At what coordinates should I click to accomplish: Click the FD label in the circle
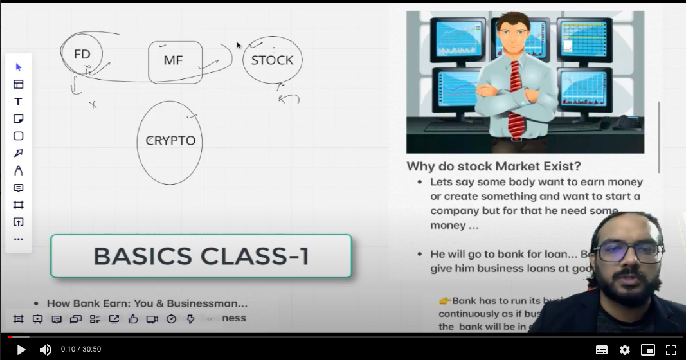[x=82, y=54]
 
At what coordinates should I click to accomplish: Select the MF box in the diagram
[x=174, y=60]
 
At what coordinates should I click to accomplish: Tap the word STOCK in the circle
[x=272, y=60]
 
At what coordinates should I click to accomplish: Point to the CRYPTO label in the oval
[x=171, y=141]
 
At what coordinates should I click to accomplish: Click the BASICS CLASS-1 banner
[x=201, y=256]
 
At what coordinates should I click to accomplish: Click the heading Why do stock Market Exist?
[x=494, y=166]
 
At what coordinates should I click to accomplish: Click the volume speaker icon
[x=46, y=350]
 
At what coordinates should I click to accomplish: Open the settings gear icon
[x=624, y=350]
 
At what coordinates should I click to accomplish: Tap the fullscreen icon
[x=671, y=350]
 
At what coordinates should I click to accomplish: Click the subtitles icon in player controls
[x=602, y=350]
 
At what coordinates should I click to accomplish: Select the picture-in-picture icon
[x=647, y=350]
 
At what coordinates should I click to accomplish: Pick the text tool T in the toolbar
[x=18, y=102]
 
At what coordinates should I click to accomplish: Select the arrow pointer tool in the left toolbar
[x=18, y=67]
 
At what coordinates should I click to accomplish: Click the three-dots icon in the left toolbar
[x=18, y=239]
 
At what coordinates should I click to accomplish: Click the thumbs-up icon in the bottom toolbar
[x=133, y=319]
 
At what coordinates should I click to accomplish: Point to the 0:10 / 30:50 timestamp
[x=81, y=349]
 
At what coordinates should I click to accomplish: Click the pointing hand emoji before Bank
[x=445, y=300]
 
